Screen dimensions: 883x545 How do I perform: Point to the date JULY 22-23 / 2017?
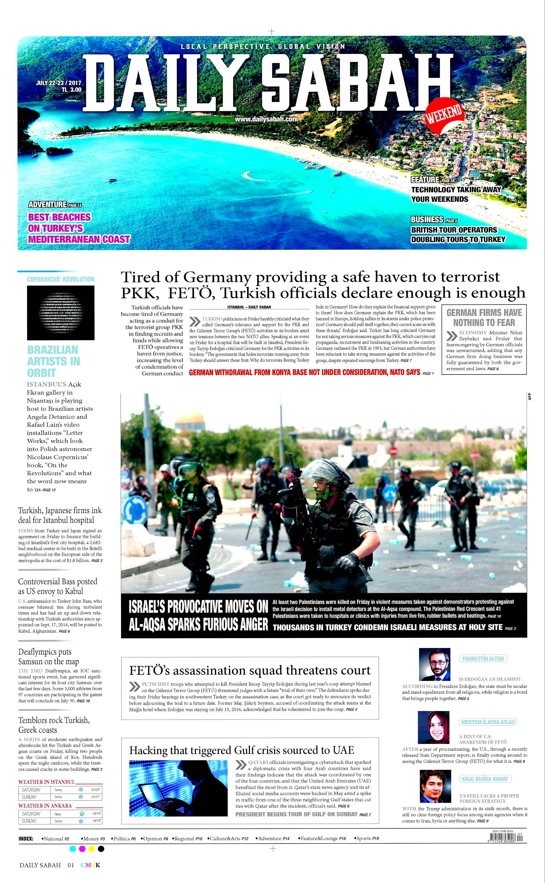click(x=58, y=83)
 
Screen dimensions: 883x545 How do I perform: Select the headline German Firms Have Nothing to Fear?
click(x=484, y=317)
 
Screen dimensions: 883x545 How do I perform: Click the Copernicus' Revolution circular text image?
click(x=61, y=312)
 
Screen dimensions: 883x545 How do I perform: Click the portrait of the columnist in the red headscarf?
click(x=434, y=727)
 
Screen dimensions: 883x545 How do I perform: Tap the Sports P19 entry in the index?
click(x=366, y=838)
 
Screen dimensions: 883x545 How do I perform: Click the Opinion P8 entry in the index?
click(x=155, y=838)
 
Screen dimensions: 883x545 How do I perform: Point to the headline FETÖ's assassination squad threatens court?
click(x=249, y=670)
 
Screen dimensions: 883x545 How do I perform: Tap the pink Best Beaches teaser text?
click(x=79, y=228)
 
